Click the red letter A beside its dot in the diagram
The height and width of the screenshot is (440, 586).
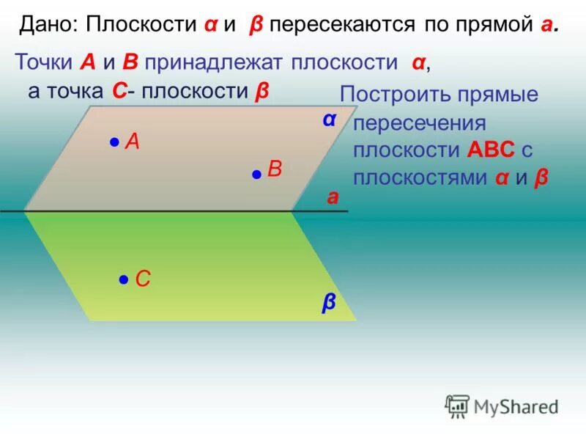click(x=133, y=141)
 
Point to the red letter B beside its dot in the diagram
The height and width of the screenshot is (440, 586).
click(x=275, y=169)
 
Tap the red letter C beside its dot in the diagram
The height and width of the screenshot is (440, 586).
click(x=144, y=279)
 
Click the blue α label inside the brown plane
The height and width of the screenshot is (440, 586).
click(x=329, y=119)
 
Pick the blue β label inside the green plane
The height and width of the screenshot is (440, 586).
click(x=329, y=302)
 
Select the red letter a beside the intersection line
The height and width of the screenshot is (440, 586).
click(x=333, y=197)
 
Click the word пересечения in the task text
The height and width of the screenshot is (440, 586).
click(x=420, y=122)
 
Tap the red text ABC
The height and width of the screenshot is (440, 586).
click(x=491, y=150)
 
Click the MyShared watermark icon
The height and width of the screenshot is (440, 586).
click(x=457, y=406)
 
